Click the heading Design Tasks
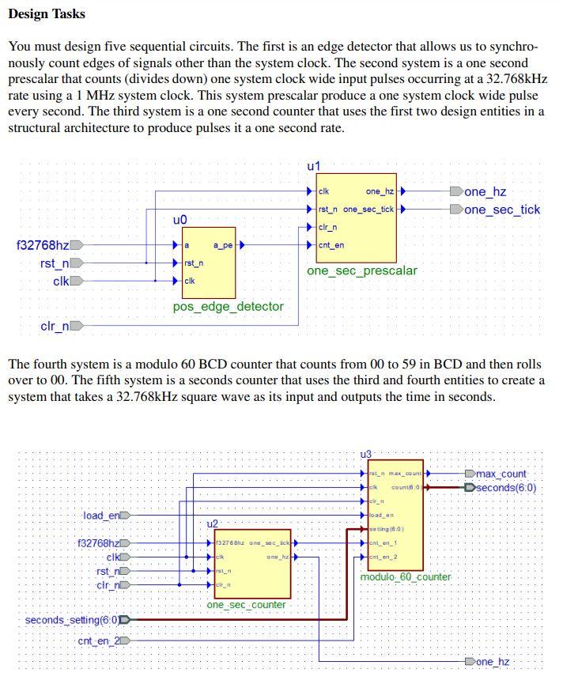click(47, 14)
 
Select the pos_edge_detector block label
click(228, 306)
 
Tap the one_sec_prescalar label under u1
click(361, 270)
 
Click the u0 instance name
click(179, 219)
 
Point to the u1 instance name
click(313, 166)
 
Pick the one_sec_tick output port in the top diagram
click(502, 210)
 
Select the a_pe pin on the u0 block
click(223, 245)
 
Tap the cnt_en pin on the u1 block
click(331, 245)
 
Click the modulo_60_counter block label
click(405, 577)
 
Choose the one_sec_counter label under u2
click(246, 605)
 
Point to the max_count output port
click(501, 474)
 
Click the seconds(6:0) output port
click(505, 488)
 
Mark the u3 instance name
click(365, 454)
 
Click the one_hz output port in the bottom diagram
click(493, 661)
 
